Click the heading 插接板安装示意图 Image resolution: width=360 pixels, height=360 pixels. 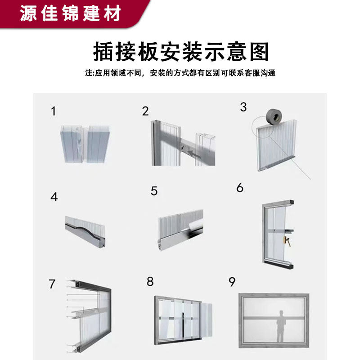click(x=180, y=52)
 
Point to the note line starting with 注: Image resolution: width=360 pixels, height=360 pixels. click(x=180, y=73)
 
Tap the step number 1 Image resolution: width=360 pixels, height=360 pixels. click(x=54, y=111)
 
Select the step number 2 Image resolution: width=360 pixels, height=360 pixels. click(x=145, y=111)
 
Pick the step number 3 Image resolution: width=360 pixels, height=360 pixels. click(x=243, y=107)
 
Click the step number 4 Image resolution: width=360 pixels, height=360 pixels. click(x=54, y=197)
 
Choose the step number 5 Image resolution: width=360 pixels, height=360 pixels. click(x=154, y=191)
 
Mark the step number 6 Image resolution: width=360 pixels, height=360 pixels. click(x=240, y=188)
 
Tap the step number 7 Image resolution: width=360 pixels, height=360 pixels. click(x=52, y=284)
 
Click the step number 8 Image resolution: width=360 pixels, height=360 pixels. click(x=150, y=282)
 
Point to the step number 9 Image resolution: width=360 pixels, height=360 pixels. click(x=232, y=282)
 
